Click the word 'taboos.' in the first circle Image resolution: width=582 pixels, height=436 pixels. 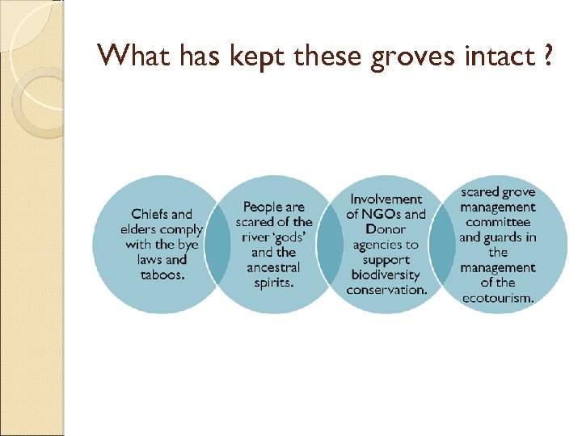point(162,275)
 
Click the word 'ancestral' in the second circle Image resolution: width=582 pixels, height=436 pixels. point(274,267)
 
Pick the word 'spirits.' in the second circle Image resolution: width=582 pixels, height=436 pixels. point(274,283)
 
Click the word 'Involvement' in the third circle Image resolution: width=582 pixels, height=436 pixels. point(386,199)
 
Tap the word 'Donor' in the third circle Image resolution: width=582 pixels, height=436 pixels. point(386,229)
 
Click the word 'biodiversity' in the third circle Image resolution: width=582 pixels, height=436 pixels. point(386,275)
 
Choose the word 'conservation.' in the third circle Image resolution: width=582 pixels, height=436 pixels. point(386,290)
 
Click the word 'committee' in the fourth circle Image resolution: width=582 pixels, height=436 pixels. point(498,222)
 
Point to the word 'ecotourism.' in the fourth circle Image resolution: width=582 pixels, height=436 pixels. point(498,298)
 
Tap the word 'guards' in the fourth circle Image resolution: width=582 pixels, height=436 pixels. point(506,237)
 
